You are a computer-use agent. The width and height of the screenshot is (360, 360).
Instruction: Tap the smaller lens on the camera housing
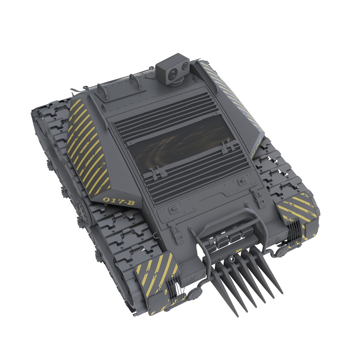click(183, 67)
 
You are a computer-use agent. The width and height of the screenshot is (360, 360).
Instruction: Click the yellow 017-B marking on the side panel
click(119, 201)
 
